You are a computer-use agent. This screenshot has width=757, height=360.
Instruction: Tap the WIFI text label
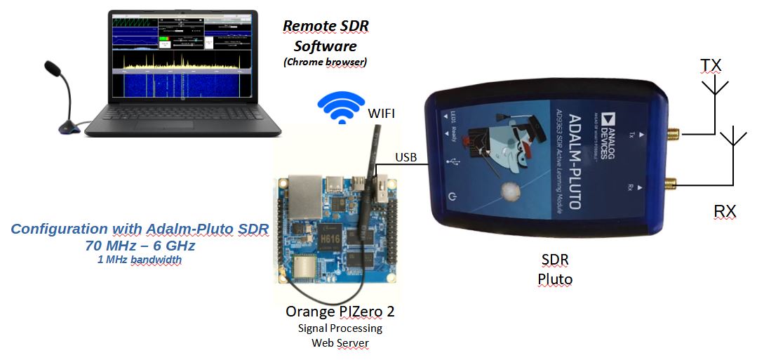coord(385,112)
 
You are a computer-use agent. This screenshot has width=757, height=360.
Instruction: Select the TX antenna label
coord(711,65)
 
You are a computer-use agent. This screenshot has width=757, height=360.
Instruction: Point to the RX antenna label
coord(725,211)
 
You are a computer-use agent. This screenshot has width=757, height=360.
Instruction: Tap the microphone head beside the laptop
coord(53,68)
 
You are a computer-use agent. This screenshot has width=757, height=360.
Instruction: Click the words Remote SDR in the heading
coord(326,26)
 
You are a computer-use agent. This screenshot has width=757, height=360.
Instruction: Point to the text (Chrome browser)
coord(325,62)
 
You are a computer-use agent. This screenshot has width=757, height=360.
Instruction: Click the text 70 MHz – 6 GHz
coord(139,246)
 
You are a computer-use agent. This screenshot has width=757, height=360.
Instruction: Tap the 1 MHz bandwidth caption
coord(139,260)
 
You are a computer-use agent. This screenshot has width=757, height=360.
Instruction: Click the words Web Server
coord(340,342)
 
